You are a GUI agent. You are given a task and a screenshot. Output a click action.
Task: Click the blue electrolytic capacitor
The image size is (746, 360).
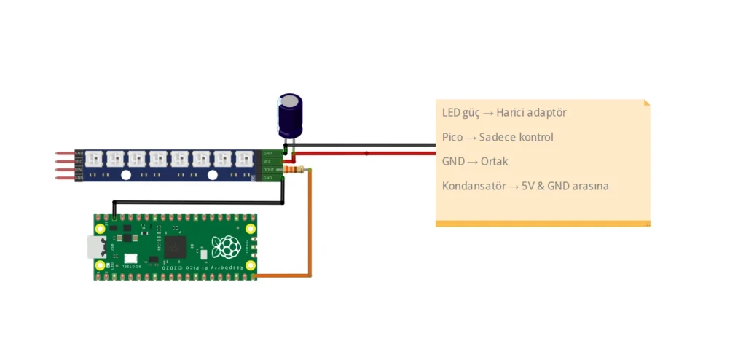pyautogui.click(x=290, y=115)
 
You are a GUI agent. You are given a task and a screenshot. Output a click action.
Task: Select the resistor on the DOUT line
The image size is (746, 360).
pyautogui.click(x=294, y=170)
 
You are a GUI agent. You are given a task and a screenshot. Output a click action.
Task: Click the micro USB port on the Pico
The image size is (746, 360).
pyautogui.click(x=95, y=247)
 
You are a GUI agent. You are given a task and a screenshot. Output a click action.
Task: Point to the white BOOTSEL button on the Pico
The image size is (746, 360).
pyautogui.click(x=130, y=259)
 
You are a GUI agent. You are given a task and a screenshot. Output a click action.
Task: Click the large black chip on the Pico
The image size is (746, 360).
pyautogui.click(x=176, y=246)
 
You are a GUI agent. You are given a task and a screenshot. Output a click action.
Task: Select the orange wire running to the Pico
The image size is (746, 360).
pyautogui.click(x=310, y=226)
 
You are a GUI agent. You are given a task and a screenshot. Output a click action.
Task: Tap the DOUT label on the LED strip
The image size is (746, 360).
pyautogui.click(x=268, y=170)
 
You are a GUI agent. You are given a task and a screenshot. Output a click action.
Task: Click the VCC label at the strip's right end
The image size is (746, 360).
pyautogui.click(x=268, y=162)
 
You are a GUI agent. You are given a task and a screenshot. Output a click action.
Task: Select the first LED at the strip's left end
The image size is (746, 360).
pyautogui.click(x=93, y=157)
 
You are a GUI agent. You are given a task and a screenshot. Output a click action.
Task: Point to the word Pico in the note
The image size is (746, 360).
pyautogui.click(x=452, y=137)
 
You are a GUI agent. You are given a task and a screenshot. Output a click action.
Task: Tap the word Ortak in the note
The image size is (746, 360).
pyautogui.click(x=494, y=161)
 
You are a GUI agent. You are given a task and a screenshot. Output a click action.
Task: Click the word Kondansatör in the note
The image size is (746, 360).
pyautogui.click(x=474, y=186)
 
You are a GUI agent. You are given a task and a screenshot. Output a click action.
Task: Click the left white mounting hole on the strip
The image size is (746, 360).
pyautogui.click(x=125, y=175)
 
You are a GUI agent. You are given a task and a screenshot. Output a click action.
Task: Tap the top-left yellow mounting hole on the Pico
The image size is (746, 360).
pyautogui.click(x=101, y=228)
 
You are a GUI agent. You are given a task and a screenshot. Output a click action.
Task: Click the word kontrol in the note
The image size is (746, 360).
pyautogui.click(x=535, y=137)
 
